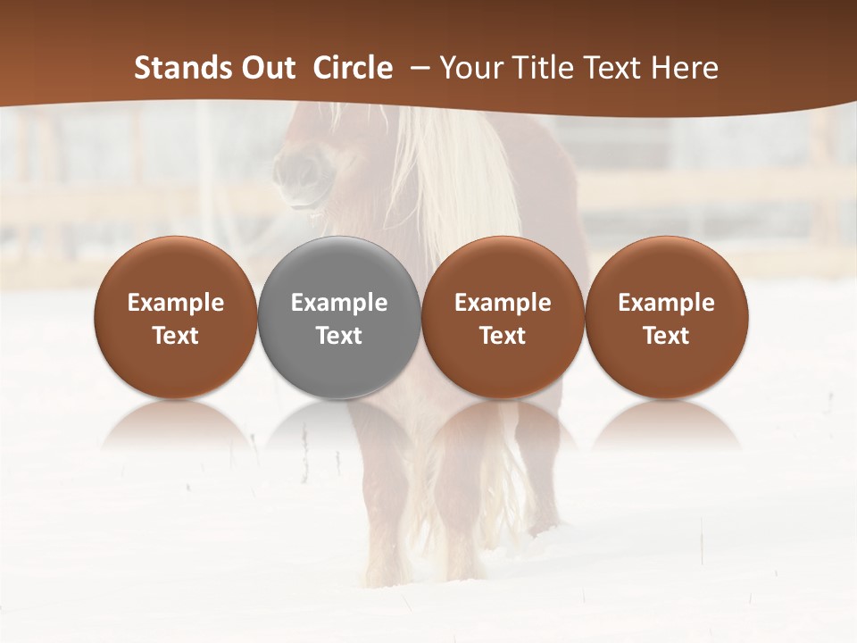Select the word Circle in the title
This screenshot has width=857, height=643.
click(x=353, y=68)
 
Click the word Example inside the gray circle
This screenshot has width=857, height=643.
click(x=339, y=303)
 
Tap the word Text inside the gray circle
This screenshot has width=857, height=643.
click(x=339, y=336)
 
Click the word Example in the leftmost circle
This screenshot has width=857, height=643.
click(x=176, y=303)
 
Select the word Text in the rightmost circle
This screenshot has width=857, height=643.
click(x=667, y=336)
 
